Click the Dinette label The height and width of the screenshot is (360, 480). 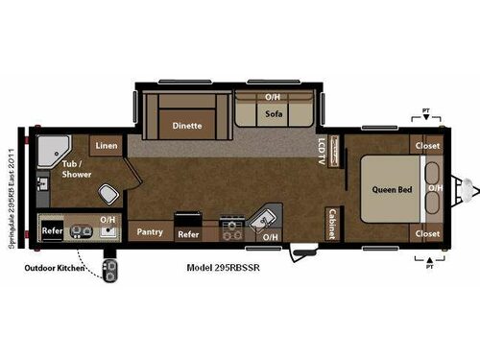187,125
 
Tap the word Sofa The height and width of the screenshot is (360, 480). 272,113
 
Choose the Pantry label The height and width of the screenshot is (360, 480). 149,231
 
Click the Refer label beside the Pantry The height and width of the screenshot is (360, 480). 188,233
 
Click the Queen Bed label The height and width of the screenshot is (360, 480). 392,189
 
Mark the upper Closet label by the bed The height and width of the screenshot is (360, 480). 427,146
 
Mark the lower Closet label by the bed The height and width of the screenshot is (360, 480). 427,233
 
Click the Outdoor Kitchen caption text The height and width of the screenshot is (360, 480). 52,269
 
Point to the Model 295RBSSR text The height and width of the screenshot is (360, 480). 225,269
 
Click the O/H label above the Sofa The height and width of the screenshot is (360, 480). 273,98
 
